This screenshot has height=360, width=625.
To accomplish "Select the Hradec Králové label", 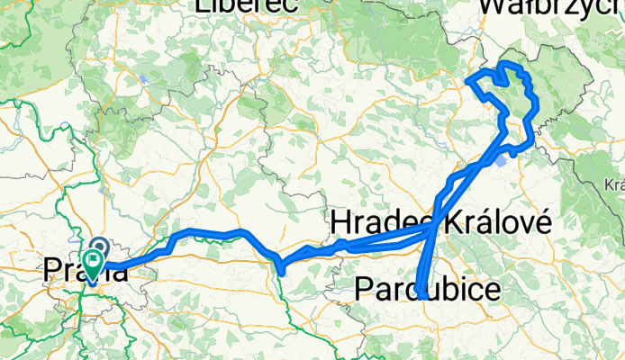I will tap(440, 221).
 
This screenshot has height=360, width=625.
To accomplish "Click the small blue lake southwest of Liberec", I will tap(142, 77).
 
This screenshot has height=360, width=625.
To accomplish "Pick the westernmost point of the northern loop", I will tap(466, 81).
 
